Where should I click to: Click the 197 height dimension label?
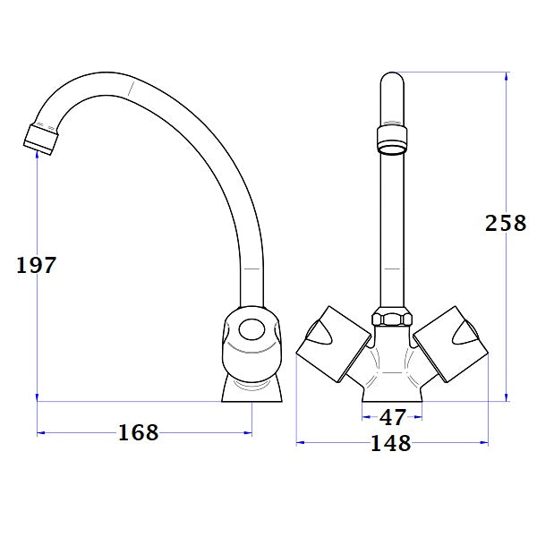click(37, 265)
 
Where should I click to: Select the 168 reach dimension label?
click(138, 433)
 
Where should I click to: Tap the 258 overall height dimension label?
click(506, 223)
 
